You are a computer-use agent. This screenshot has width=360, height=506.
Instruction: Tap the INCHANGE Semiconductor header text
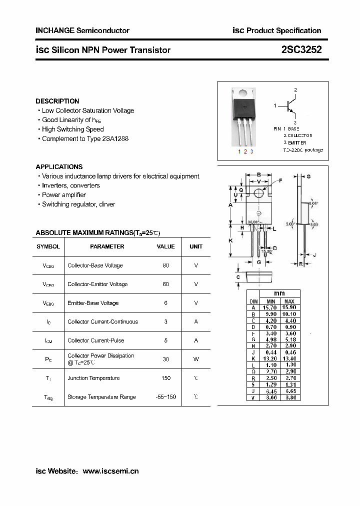pos(82,30)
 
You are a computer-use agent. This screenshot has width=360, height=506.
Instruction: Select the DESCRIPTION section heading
pos(57,101)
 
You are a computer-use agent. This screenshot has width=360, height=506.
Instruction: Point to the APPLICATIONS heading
pos(59,166)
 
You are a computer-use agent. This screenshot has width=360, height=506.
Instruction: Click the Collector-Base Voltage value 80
pos(165,265)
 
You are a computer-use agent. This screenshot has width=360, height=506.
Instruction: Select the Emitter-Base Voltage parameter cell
pos(93,303)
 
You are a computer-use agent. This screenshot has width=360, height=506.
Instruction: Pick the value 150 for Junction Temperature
pos(165,378)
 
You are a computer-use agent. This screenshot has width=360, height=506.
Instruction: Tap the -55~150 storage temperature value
pos(165,397)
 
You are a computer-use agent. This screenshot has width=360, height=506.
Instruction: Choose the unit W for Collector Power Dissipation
pos(196,359)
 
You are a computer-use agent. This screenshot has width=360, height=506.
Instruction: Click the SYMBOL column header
pos(48,246)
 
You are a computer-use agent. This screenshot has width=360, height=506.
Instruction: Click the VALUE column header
pos(165,246)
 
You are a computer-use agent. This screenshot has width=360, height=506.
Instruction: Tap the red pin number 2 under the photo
pos(245,151)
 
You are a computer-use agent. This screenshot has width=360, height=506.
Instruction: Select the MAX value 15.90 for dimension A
pos(289,307)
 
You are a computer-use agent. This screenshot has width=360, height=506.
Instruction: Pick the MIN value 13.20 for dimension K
pos(270,358)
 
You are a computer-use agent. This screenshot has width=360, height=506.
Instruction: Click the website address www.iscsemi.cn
pos(110,471)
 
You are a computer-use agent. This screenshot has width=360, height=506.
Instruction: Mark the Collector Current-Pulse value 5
pos(165,340)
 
